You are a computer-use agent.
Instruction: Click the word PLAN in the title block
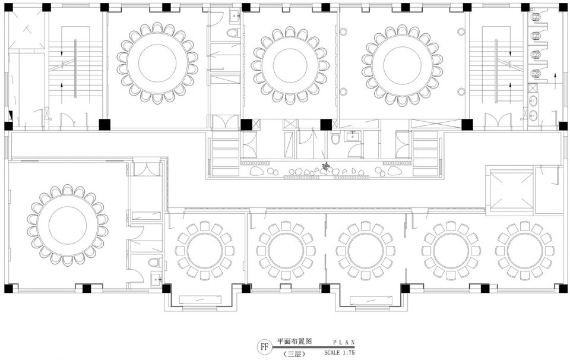click(344, 342)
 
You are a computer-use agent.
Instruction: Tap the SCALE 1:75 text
click(340, 352)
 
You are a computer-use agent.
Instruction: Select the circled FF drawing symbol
click(265, 347)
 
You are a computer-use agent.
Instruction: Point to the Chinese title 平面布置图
click(295, 342)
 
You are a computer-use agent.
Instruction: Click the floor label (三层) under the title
click(294, 353)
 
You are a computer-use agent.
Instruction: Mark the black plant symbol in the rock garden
click(327, 166)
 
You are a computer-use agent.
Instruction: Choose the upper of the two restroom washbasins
click(533, 100)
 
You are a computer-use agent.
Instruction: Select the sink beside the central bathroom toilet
click(351, 137)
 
